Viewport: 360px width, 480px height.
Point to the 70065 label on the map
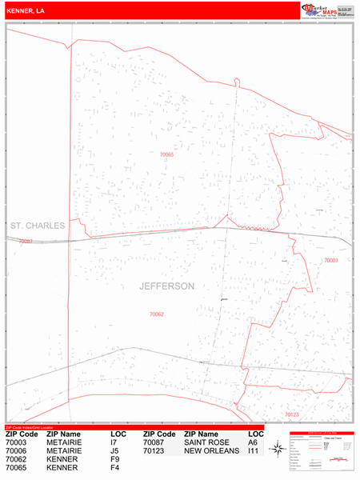[x=166, y=154]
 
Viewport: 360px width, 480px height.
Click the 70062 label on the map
[x=156, y=314]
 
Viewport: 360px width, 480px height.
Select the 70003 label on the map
[x=331, y=261]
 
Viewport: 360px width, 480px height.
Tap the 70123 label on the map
[x=291, y=414]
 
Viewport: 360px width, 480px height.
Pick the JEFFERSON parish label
[x=166, y=286]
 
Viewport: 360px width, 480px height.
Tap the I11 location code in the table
[x=254, y=450]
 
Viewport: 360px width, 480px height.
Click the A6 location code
[x=253, y=442]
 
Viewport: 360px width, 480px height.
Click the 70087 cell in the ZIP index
[x=154, y=442]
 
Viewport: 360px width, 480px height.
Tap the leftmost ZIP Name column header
[x=65, y=433]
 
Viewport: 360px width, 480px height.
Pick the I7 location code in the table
[x=114, y=442]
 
